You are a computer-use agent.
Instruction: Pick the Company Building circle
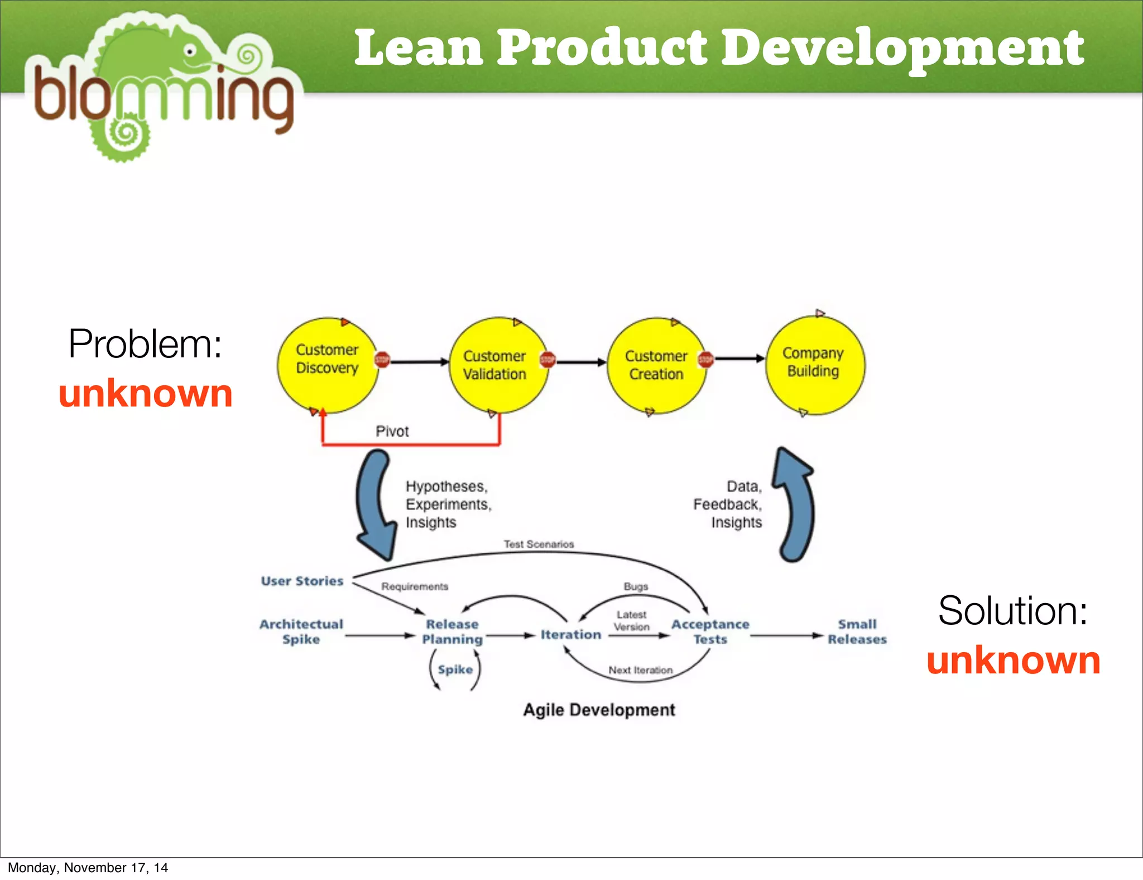[x=814, y=365]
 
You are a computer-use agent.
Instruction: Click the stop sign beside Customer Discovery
[x=382, y=360]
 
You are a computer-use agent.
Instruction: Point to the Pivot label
[x=392, y=431]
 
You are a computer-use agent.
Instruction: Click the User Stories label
[x=302, y=581]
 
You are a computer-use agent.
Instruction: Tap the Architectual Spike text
[x=301, y=632]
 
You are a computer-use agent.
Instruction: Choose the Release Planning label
[x=452, y=632]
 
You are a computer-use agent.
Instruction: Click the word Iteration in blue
[x=570, y=634]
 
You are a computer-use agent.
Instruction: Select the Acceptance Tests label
[x=710, y=632]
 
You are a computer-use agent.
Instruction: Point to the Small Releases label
[x=857, y=632]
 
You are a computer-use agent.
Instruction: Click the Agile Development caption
[x=599, y=710]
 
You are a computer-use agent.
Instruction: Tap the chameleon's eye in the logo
[x=190, y=51]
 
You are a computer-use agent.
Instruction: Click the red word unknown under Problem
[x=146, y=393]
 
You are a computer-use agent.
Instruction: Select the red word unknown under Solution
[x=1013, y=660]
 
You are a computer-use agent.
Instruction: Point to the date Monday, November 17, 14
[x=88, y=867]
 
